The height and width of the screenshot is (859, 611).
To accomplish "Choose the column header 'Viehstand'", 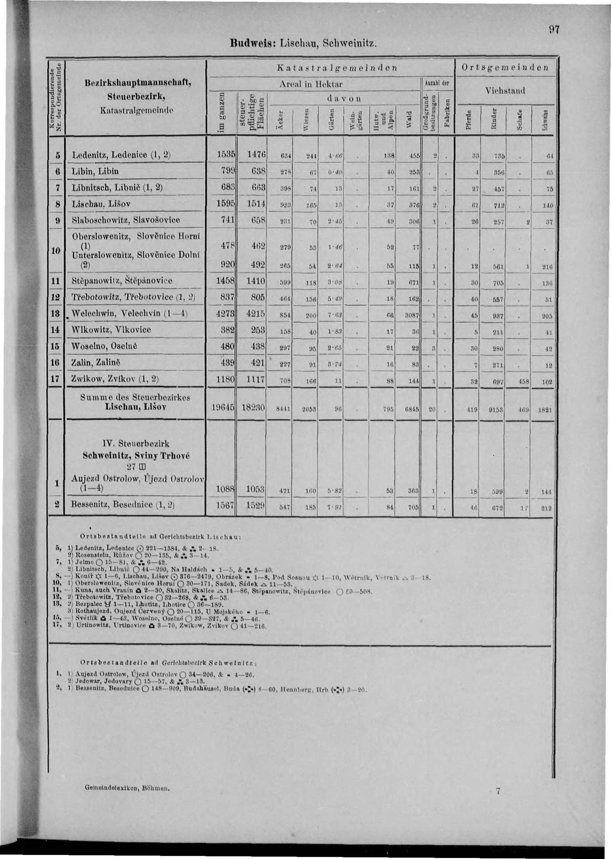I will [505, 90].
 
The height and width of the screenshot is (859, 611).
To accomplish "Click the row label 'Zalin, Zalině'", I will [96, 362].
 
